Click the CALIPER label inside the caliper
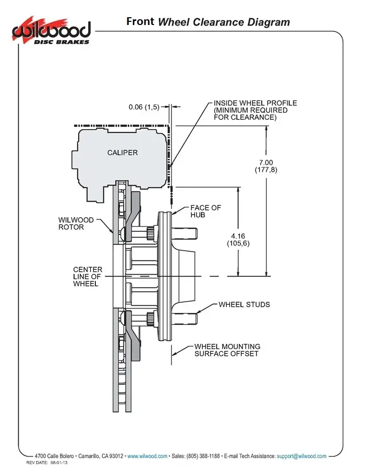click(123, 153)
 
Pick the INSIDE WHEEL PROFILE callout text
click(256, 110)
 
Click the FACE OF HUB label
click(205, 212)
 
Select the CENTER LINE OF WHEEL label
click(88, 276)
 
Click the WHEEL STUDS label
click(244, 304)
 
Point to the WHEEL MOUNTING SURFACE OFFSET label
click(227, 350)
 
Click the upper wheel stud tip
click(196, 233)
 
